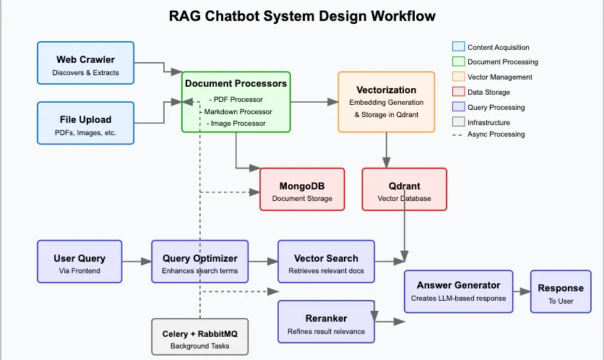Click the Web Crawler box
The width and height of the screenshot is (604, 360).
85,63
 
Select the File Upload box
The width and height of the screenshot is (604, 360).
85,123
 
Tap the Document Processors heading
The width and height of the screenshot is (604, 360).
236,83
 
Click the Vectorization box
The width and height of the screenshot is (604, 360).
387,102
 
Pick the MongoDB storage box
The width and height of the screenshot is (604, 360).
302,189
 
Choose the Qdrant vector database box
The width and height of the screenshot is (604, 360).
405,189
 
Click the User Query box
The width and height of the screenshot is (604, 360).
79,262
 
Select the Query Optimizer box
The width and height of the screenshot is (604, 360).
200,262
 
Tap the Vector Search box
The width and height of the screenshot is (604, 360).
327,262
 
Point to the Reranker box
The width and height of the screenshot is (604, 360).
327,322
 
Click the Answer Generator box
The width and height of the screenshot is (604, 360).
458,291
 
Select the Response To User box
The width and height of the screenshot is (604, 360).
561,291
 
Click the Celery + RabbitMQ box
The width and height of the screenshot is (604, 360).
200,336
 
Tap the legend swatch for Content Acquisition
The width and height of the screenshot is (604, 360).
458,47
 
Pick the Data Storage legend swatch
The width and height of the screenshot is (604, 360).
458,92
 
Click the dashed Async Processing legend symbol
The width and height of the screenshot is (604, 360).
457,135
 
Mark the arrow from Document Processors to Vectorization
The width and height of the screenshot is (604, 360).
314,102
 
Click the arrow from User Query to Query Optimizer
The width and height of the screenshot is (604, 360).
137,262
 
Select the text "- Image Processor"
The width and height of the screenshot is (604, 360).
236,124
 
